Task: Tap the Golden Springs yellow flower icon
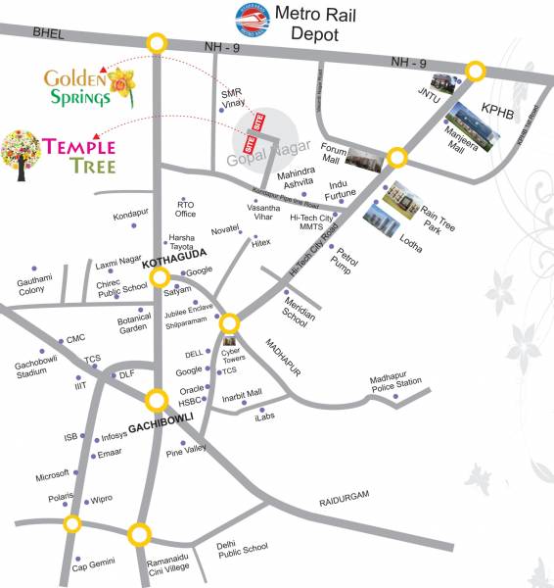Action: click(x=122, y=87)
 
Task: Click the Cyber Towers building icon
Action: click(x=230, y=342)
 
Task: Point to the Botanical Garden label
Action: click(x=133, y=324)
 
